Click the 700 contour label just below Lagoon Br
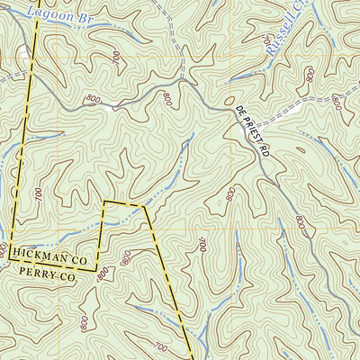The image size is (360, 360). pos(115,56)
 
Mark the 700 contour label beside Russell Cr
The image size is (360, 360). pos(266,40)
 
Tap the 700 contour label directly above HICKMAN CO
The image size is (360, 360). pos(38,193)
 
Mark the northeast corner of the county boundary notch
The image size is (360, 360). pos(144,206)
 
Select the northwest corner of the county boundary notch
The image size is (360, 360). pos(104,202)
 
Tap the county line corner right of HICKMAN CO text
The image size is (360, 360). pos(97,268)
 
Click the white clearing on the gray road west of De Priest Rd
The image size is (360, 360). pos(112,106)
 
